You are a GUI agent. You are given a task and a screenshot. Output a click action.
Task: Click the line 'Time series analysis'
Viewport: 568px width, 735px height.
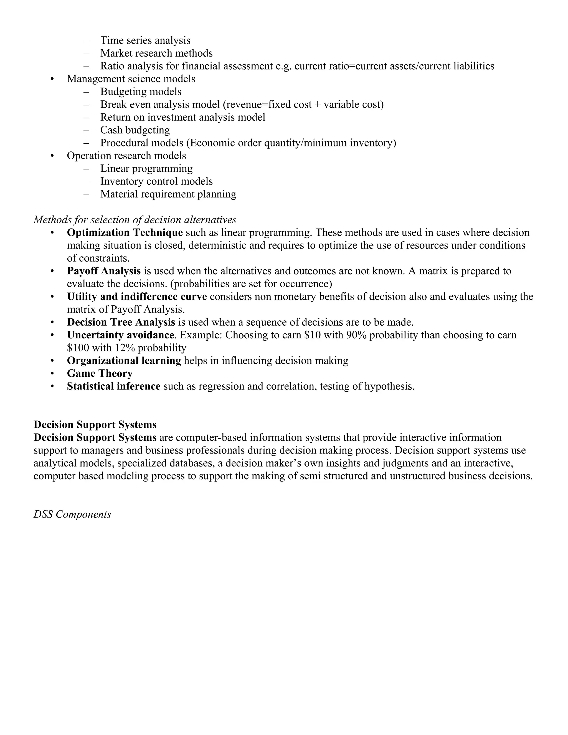point(145,40)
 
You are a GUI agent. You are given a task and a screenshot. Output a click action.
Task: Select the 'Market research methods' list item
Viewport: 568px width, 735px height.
point(156,53)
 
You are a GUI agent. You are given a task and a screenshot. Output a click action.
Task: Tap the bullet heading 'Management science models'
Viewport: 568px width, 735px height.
point(131,79)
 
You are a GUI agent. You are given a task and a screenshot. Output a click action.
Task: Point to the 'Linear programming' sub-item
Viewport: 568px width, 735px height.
point(146,168)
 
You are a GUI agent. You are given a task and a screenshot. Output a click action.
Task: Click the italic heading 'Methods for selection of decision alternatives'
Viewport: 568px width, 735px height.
point(135,220)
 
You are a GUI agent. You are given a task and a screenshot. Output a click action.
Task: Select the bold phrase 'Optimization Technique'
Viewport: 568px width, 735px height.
point(125,232)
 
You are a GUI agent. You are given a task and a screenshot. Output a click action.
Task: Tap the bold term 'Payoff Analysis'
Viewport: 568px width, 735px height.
point(104,271)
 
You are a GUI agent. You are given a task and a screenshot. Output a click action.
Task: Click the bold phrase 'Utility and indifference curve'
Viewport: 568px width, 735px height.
point(137,296)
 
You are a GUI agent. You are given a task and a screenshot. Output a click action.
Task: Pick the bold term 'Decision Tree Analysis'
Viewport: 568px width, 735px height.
point(121,322)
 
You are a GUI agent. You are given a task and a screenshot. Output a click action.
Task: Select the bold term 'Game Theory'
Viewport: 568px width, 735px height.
point(100,374)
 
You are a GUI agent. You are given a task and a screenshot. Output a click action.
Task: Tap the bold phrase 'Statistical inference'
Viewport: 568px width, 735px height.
point(113,386)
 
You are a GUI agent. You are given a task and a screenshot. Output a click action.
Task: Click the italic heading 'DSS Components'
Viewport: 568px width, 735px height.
point(72,514)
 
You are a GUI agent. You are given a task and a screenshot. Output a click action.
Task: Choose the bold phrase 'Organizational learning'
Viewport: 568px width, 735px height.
point(124,361)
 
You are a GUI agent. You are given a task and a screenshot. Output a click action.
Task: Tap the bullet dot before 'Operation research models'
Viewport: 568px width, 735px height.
point(52,156)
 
